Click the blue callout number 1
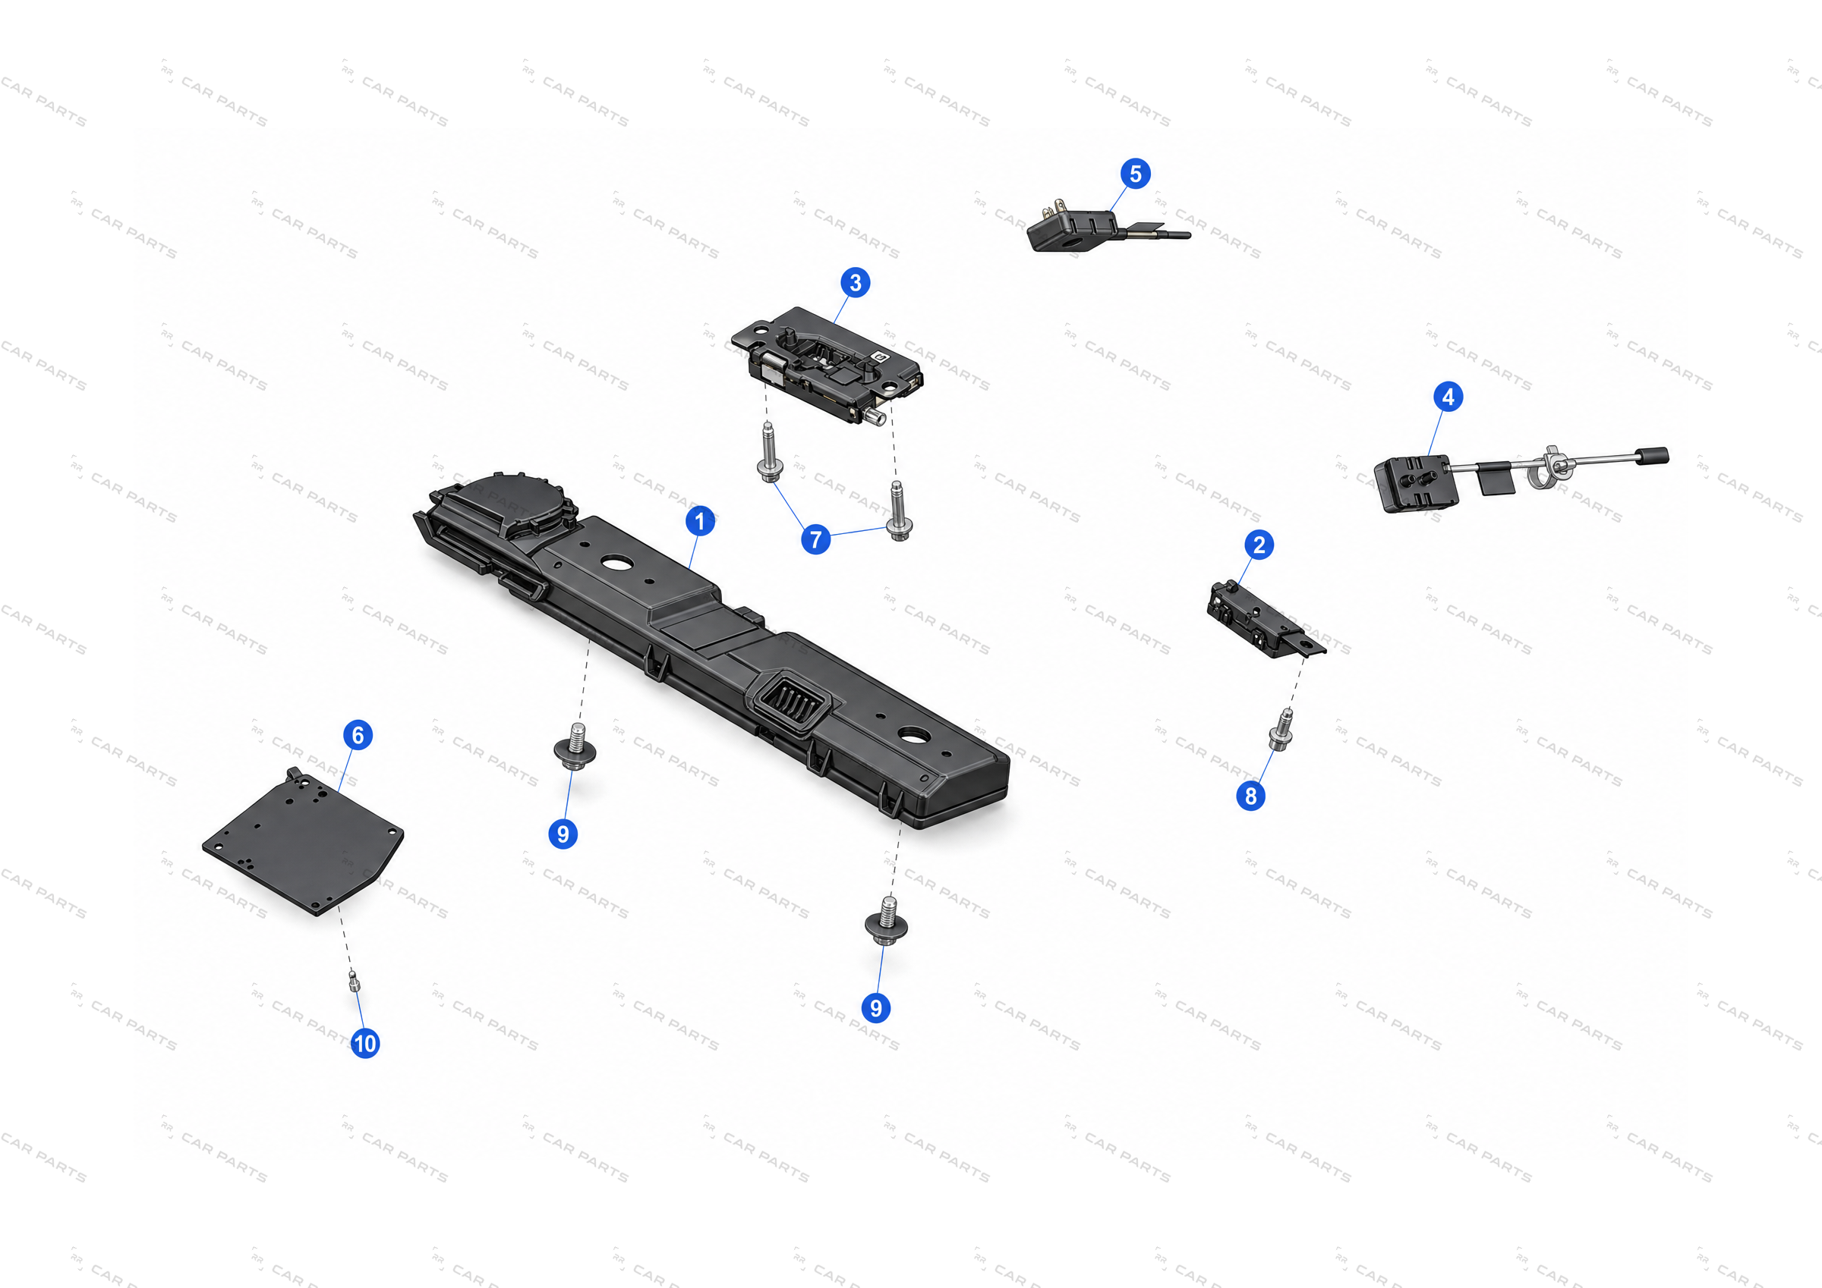click(699, 521)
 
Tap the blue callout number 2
click(1259, 545)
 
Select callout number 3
click(855, 282)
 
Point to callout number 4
click(1448, 397)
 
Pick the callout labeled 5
click(1136, 174)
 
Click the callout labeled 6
click(358, 735)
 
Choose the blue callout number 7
click(816, 539)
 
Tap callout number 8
click(1250, 796)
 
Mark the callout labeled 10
click(365, 1043)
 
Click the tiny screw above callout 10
click(354, 981)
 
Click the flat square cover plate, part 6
click(303, 841)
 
